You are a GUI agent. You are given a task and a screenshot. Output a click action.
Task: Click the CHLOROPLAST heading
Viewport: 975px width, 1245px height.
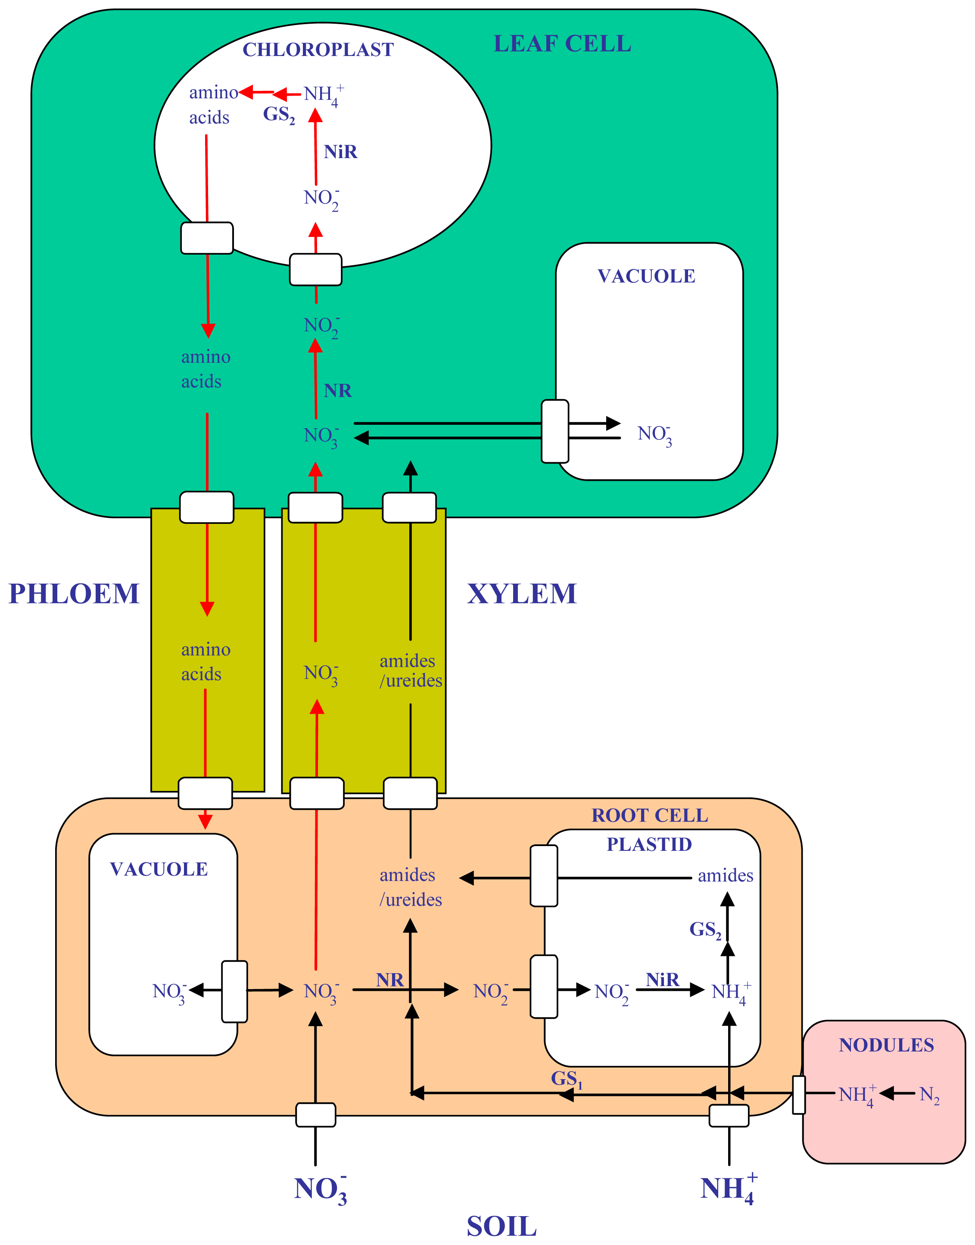tap(318, 50)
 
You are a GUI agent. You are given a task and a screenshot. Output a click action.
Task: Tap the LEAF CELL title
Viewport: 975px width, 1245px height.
tap(562, 44)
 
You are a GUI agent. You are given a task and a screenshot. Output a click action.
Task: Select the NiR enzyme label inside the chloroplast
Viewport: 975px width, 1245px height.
tap(340, 152)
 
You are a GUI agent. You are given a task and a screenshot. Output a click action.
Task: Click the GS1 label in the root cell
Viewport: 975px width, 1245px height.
tap(566, 1079)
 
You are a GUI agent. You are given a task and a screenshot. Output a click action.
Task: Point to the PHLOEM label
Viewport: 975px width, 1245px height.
tap(74, 594)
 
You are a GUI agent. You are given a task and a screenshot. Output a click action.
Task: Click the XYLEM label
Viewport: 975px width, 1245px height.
tap(522, 594)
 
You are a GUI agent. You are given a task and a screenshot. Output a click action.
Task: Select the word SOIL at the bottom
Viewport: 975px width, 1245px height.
tap(501, 1226)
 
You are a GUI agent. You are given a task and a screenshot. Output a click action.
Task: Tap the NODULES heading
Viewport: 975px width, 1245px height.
tap(886, 1045)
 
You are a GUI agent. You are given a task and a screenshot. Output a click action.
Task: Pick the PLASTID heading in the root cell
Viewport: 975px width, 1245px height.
tap(649, 844)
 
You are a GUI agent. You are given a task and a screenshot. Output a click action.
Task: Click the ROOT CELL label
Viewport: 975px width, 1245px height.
tap(650, 815)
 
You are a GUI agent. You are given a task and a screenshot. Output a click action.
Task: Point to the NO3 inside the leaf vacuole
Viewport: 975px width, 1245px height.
tap(654, 435)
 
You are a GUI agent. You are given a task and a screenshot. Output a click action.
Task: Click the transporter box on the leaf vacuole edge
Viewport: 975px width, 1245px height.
tap(555, 431)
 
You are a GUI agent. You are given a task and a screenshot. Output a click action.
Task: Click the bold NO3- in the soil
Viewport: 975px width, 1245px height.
tap(320, 1189)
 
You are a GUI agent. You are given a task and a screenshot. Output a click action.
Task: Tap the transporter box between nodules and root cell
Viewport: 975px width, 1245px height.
tap(799, 1094)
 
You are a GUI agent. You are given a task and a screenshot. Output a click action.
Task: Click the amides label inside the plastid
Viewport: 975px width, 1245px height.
tap(725, 876)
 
